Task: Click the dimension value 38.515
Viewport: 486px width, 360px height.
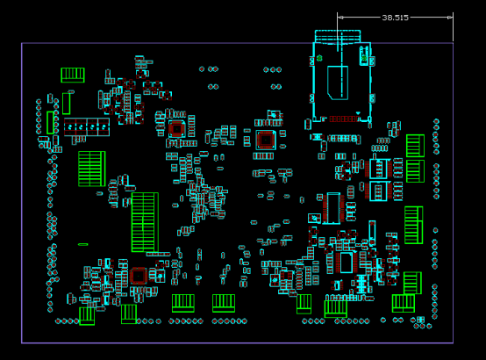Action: click(x=395, y=18)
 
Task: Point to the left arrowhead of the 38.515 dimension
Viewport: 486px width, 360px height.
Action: click(x=340, y=18)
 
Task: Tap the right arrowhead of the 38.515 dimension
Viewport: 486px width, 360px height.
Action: click(x=450, y=18)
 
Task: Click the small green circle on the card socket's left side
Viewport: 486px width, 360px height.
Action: click(x=319, y=58)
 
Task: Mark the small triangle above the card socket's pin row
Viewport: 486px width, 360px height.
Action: click(x=358, y=113)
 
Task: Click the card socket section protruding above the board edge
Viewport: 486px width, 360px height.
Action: click(x=338, y=36)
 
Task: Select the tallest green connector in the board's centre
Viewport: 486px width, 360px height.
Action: click(x=145, y=222)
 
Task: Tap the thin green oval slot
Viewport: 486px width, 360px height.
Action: click(x=83, y=245)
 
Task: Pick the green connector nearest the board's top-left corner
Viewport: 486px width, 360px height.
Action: click(x=73, y=76)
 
